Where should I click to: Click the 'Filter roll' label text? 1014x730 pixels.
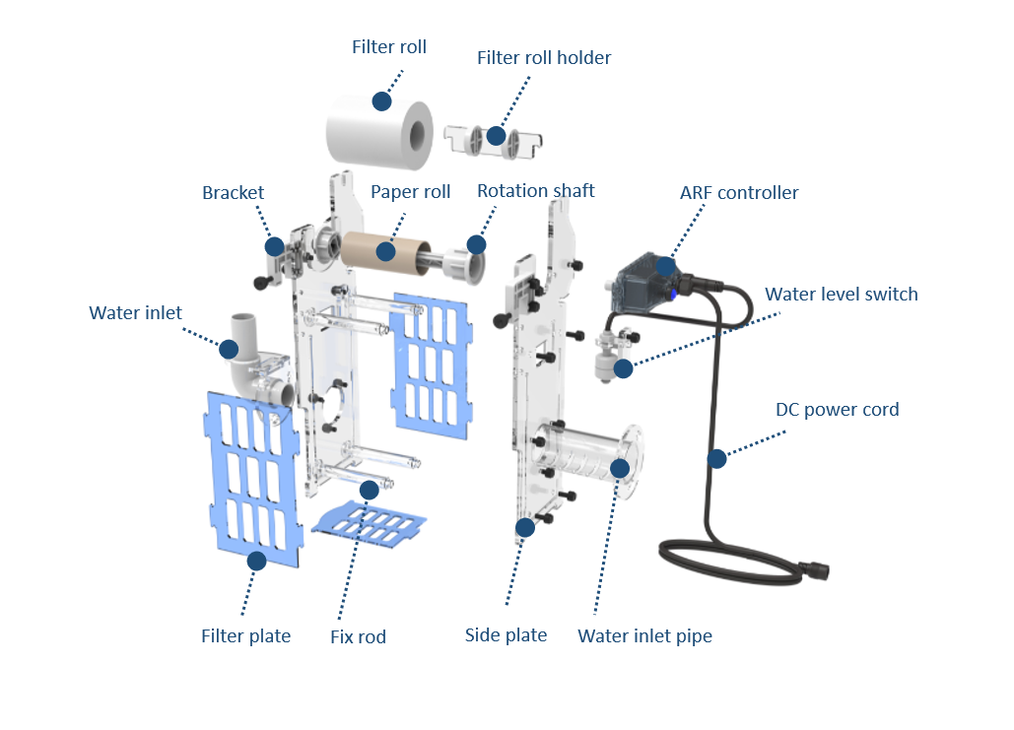pyautogui.click(x=389, y=47)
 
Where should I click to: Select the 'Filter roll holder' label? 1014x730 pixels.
pyautogui.click(x=544, y=58)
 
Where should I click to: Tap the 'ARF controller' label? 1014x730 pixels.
pyautogui.click(x=739, y=192)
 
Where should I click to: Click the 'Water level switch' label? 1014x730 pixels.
pyautogui.click(x=842, y=294)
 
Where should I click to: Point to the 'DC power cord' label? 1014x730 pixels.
pyautogui.click(x=838, y=409)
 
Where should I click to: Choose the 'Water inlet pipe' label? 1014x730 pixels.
pyautogui.click(x=644, y=636)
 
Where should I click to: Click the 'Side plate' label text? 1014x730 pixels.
pyautogui.click(x=506, y=635)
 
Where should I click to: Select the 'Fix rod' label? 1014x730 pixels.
pyautogui.click(x=358, y=637)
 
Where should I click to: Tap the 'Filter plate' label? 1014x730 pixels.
pyautogui.click(x=245, y=636)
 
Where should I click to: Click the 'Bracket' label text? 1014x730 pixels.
pyautogui.click(x=234, y=192)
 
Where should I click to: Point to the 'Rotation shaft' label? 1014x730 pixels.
pyautogui.click(x=536, y=190)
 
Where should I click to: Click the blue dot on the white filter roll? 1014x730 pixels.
pyautogui.click(x=381, y=100)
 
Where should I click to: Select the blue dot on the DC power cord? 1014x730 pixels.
pyautogui.click(x=716, y=458)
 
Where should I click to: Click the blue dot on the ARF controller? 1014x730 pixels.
pyautogui.click(x=666, y=265)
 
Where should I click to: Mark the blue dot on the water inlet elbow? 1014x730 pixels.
pyautogui.click(x=229, y=349)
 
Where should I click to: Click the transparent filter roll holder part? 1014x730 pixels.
pyautogui.click(x=493, y=141)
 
